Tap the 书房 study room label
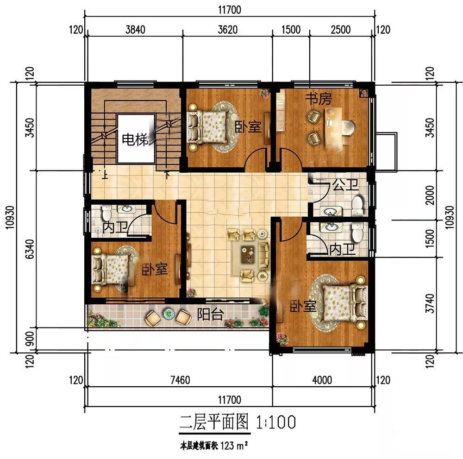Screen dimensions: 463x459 319,99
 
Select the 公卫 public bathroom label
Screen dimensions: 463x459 345,185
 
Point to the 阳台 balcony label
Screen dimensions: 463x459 210,314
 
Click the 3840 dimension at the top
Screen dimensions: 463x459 135,30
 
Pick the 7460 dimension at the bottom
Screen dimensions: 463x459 180,380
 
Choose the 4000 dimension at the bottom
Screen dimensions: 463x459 322,380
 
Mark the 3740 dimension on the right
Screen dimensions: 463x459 431,304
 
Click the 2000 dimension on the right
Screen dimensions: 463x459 431,195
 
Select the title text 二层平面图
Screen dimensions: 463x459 214,422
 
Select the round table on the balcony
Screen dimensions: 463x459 169,314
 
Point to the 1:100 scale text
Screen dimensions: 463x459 276,422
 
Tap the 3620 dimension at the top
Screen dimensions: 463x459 228,30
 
